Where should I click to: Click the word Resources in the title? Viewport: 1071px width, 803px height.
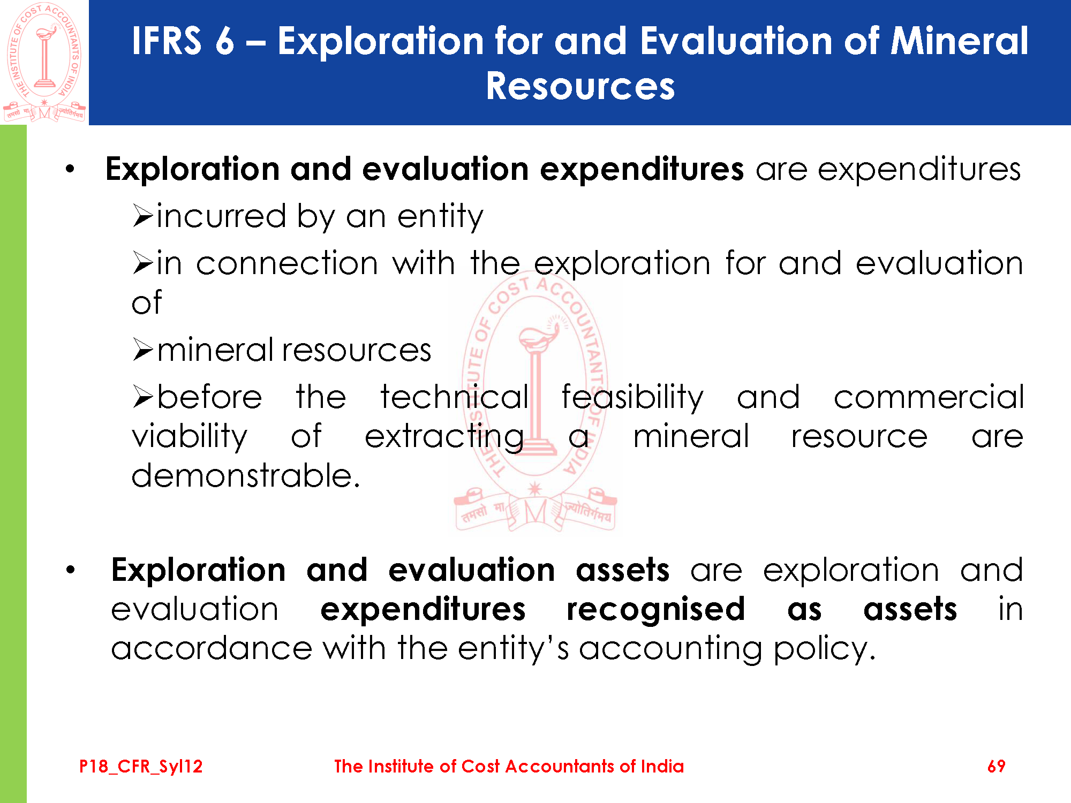click(x=580, y=86)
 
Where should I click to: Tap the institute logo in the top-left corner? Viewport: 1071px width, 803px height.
click(x=44, y=62)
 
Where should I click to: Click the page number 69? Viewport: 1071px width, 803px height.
click(x=996, y=766)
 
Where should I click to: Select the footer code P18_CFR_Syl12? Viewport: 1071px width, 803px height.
click(x=141, y=767)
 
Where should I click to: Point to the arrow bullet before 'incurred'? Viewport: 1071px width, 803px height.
click(x=143, y=216)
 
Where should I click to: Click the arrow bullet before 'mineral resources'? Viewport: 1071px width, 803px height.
click(x=143, y=350)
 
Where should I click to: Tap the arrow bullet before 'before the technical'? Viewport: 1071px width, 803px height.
click(x=143, y=397)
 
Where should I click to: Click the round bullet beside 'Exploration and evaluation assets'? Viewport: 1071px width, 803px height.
click(x=70, y=571)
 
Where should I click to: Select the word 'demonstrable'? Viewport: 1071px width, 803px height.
click(x=246, y=475)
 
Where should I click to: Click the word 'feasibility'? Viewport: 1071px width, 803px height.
click(x=632, y=397)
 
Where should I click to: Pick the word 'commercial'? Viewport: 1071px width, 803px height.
click(x=929, y=397)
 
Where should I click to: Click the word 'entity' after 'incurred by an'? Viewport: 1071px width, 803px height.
click(x=440, y=217)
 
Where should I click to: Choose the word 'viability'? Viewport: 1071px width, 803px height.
click(x=190, y=437)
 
